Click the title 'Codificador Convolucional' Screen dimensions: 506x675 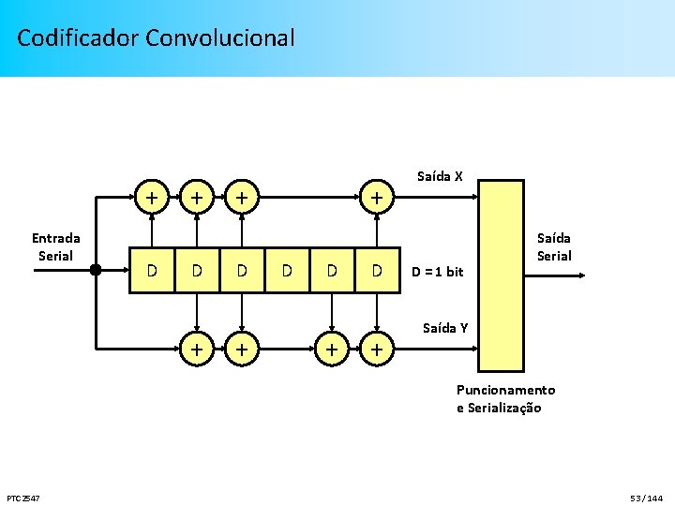156,38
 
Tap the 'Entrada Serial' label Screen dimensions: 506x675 55,247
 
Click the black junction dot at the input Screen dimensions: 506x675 95,270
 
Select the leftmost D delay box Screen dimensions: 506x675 151,271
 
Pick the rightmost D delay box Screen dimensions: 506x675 376,271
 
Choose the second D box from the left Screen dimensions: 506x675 196,271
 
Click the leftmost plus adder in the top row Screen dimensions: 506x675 151,198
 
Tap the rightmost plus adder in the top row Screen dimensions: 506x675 376,198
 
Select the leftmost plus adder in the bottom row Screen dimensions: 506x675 196,349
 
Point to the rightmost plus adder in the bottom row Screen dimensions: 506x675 376,349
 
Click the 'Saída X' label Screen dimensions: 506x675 440,176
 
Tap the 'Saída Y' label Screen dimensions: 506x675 445,327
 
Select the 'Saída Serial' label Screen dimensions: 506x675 553,247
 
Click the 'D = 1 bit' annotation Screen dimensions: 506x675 438,272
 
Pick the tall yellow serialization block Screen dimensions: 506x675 500,275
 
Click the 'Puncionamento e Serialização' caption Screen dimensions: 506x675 505,398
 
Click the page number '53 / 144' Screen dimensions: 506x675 646,497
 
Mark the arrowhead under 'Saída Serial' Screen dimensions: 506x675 581,275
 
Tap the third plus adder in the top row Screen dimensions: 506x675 242,198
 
